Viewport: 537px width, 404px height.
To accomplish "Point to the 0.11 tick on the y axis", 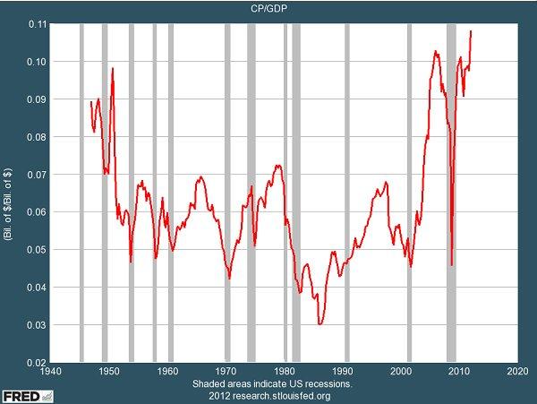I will pos(35,23).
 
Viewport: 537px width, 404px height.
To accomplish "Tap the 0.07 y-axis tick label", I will pos(35,174).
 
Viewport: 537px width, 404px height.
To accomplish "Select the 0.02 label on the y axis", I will pos(35,362).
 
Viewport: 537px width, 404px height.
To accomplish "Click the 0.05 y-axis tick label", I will pos(35,249).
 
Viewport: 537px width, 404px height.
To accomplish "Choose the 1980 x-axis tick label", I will pos(284,371).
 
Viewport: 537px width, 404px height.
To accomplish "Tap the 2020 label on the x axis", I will pos(516,371).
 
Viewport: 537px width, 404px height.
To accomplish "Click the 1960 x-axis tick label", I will pos(167,371).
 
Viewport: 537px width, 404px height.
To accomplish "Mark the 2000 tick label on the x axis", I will pos(400,371).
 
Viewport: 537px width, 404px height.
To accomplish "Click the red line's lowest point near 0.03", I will pos(320,323).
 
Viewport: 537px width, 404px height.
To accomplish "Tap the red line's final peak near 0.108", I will pos(471,31).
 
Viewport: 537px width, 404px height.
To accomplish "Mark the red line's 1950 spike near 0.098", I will pos(113,69).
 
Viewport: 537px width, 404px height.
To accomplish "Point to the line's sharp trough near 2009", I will pos(451,265).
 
